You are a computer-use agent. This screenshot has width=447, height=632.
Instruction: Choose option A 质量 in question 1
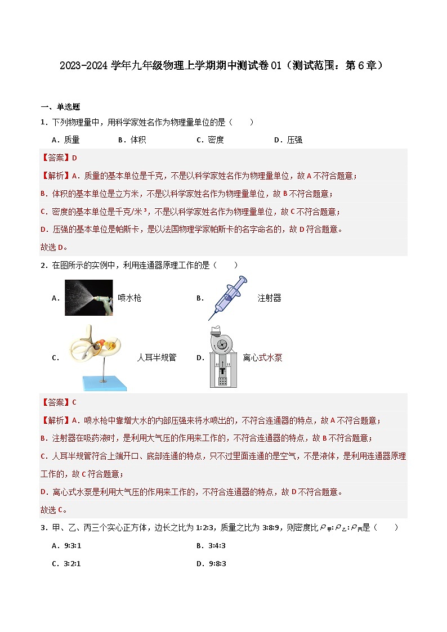[x=65, y=140]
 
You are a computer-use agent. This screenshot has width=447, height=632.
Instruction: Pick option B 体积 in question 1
[x=132, y=140]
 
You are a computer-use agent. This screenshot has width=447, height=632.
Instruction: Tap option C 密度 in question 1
[x=210, y=140]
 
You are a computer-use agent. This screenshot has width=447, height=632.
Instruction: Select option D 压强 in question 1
[x=288, y=140]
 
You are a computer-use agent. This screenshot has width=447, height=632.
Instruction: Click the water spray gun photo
[x=88, y=298]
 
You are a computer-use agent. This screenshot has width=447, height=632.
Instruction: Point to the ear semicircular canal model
[x=99, y=358]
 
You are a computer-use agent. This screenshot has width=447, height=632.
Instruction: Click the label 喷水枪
[x=129, y=298]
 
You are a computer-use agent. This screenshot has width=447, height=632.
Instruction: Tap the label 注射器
[x=269, y=298]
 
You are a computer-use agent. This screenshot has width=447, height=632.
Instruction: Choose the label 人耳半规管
[x=157, y=358]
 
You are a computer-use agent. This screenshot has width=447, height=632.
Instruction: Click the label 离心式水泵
[x=262, y=358]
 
